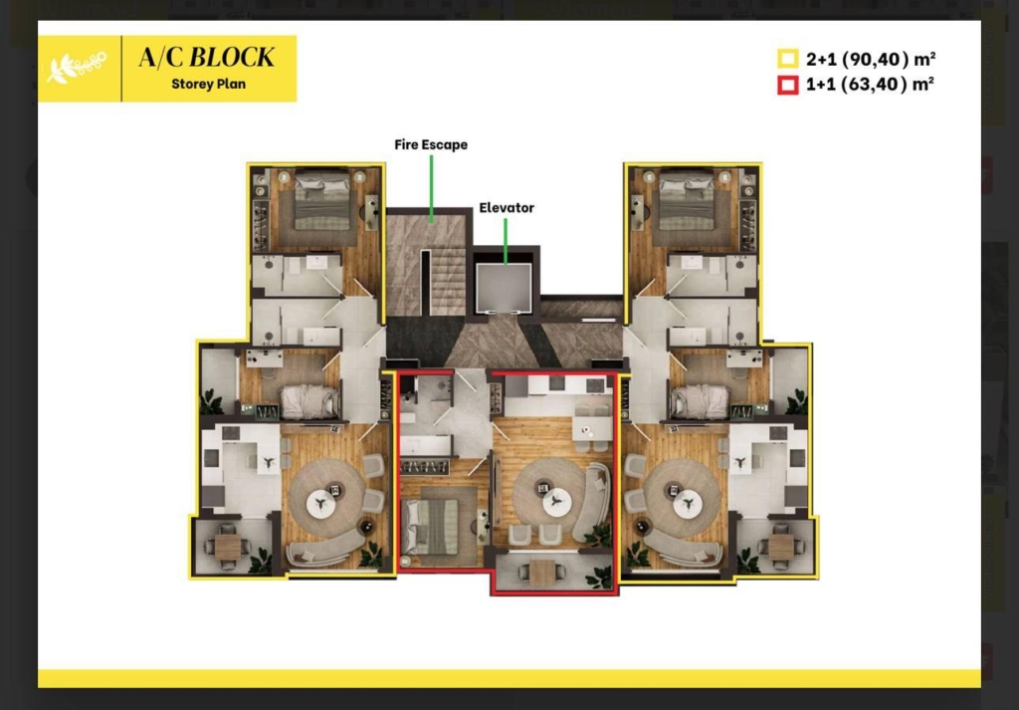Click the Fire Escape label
(x=431, y=145)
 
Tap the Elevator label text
(x=507, y=208)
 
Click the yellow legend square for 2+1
(x=788, y=59)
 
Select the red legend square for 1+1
(x=788, y=86)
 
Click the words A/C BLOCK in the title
(x=206, y=57)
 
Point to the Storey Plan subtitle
(x=209, y=84)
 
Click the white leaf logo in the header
(x=77, y=68)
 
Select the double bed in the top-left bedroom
(x=322, y=199)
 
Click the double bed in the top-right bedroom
(x=687, y=199)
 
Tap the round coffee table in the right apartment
(x=688, y=503)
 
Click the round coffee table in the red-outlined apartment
(x=556, y=503)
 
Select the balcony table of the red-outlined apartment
(x=542, y=573)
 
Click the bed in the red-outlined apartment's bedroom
(x=431, y=527)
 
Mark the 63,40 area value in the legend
(x=873, y=85)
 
